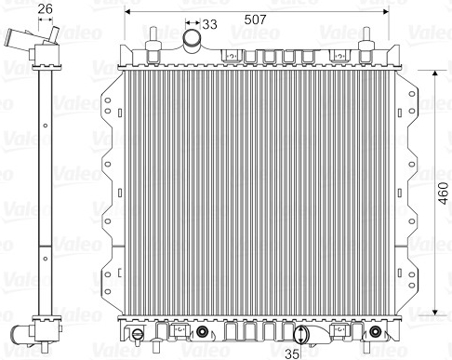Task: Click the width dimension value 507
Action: click(x=255, y=20)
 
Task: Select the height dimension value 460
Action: click(x=444, y=193)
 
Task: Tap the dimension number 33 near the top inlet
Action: click(x=209, y=24)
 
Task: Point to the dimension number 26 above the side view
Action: click(x=46, y=8)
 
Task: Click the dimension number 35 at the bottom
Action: click(x=292, y=353)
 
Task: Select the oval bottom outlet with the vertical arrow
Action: click(x=301, y=335)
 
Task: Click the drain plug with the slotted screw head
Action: click(x=138, y=334)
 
